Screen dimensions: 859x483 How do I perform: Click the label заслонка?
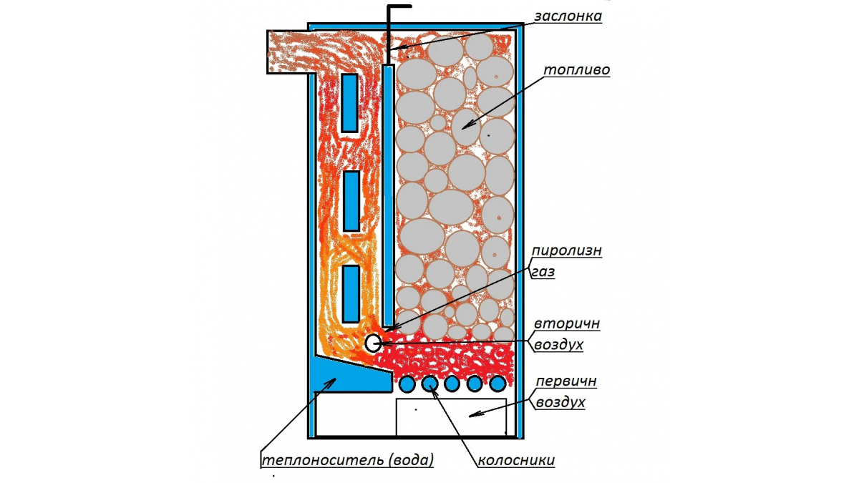coord(568,16)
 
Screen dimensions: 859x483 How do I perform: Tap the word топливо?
coord(576,70)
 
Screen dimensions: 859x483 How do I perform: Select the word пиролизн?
coord(566,251)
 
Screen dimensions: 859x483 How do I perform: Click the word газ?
coord(543,272)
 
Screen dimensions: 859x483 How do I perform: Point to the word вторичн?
coord(567,324)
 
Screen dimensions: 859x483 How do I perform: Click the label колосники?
coord(516,460)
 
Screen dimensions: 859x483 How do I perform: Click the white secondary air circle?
coord(373,343)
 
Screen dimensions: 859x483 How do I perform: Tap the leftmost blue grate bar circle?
coord(407,384)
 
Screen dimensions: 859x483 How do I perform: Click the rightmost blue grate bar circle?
coord(498,384)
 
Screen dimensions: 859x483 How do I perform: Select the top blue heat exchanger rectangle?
coord(350,103)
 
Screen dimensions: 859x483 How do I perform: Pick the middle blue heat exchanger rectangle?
coord(351,201)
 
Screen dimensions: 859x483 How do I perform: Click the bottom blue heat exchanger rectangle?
coord(351,294)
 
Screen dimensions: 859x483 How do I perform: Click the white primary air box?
coord(452,417)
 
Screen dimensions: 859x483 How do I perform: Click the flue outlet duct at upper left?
coord(291,52)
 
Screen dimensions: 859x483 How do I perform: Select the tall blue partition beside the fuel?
coord(389,196)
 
